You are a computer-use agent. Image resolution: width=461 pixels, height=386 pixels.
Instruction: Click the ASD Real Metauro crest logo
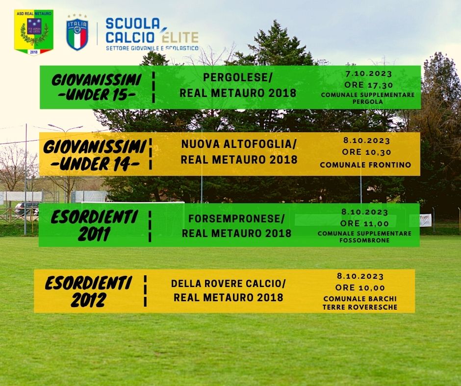[x=34, y=32]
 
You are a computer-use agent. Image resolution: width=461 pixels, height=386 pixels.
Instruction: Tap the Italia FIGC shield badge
[x=77, y=33]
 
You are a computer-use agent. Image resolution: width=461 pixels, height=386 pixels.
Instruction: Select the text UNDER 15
[x=97, y=95]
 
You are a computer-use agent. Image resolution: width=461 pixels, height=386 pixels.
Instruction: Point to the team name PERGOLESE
[x=237, y=77]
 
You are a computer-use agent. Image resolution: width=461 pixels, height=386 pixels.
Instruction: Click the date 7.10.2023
[x=369, y=73]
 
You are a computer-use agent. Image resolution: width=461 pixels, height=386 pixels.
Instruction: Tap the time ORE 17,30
[x=369, y=85]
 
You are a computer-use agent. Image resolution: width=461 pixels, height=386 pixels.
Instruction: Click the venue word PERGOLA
[x=368, y=101]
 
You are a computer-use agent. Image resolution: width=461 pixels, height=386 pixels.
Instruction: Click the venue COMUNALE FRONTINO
[x=365, y=165]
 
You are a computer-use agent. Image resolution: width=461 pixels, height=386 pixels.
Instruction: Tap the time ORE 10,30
[x=367, y=152]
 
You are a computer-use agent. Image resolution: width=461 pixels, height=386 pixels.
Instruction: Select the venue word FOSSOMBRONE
[x=364, y=241]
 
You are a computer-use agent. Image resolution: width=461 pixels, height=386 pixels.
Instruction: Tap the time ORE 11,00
[x=364, y=223]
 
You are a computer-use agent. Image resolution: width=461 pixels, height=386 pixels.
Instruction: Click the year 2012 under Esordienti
[x=88, y=300]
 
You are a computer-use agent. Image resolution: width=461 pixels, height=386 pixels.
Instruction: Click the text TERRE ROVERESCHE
[x=360, y=307]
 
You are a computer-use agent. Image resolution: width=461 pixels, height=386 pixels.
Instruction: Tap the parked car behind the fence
[x=26, y=208]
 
